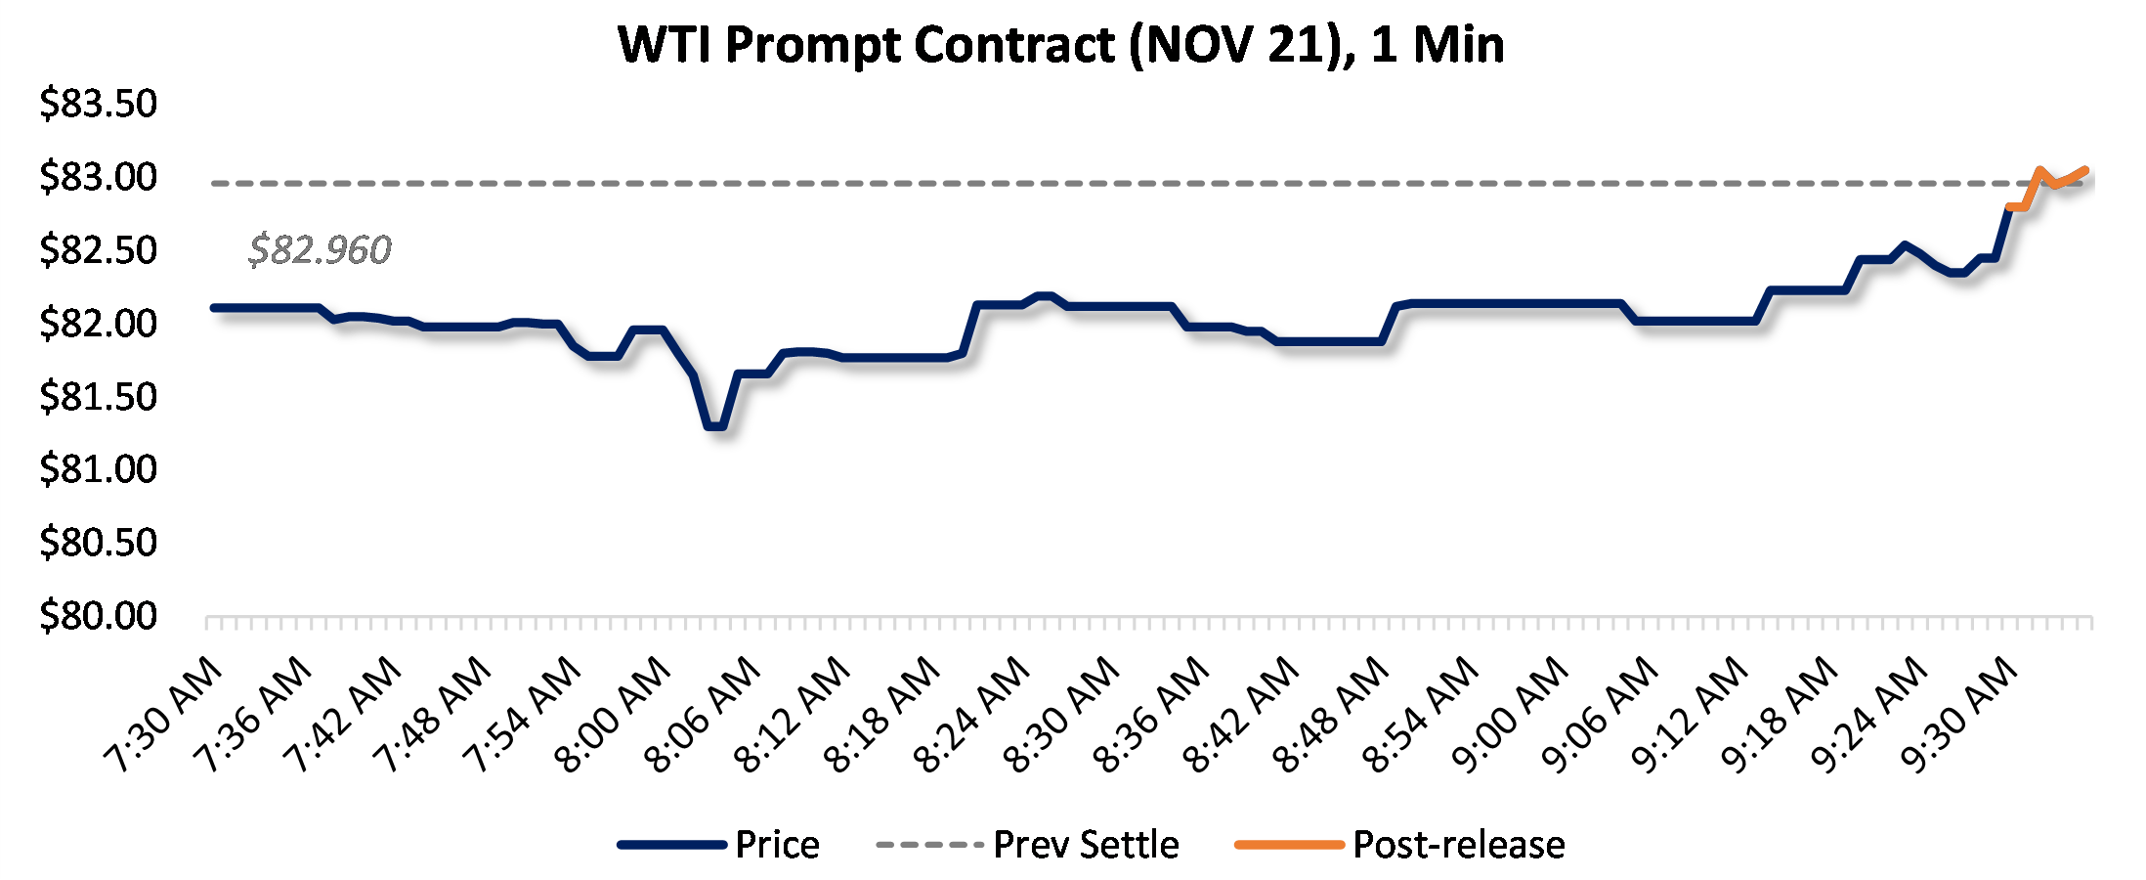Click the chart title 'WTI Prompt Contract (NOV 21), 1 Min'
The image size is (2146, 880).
click(1060, 45)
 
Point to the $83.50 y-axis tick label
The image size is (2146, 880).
click(98, 104)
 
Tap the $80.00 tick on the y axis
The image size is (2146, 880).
click(98, 616)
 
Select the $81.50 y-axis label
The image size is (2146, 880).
click(98, 397)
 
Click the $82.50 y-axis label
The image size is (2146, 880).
click(98, 250)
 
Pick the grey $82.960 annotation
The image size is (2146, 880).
click(320, 250)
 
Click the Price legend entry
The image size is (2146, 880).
click(777, 845)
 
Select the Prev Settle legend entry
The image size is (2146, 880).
click(1086, 845)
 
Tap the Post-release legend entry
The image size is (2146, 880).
click(1458, 845)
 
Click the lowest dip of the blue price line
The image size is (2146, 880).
click(714, 426)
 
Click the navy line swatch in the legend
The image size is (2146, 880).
click(672, 845)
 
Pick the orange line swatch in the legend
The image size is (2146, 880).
click(1290, 845)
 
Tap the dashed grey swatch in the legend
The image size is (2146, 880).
click(929, 845)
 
